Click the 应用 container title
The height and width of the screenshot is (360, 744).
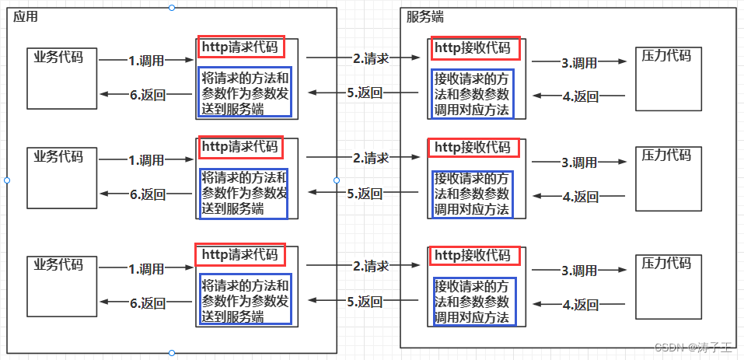point(26,17)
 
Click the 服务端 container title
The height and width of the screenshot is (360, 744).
point(425,17)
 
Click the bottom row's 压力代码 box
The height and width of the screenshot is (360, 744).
point(666,286)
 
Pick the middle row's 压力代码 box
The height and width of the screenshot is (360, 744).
point(666,178)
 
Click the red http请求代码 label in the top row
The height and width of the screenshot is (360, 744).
point(241,47)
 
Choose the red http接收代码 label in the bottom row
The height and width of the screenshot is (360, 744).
point(474,255)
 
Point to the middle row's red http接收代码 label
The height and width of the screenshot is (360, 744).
point(474,146)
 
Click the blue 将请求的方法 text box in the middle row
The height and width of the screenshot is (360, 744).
point(243,193)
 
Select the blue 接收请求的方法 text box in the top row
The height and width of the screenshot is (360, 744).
point(473,93)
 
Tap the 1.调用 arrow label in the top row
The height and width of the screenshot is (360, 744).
point(146,60)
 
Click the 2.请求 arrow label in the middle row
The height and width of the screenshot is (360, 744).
point(370,158)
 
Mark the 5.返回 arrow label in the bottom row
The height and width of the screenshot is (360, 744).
point(365,301)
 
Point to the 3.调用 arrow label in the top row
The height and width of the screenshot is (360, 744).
point(579,62)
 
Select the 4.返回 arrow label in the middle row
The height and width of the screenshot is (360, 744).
point(580,197)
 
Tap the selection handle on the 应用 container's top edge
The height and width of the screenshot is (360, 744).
point(172,7)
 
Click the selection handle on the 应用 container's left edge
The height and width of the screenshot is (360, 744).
point(7,180)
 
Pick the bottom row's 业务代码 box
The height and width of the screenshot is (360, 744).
point(58,286)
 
